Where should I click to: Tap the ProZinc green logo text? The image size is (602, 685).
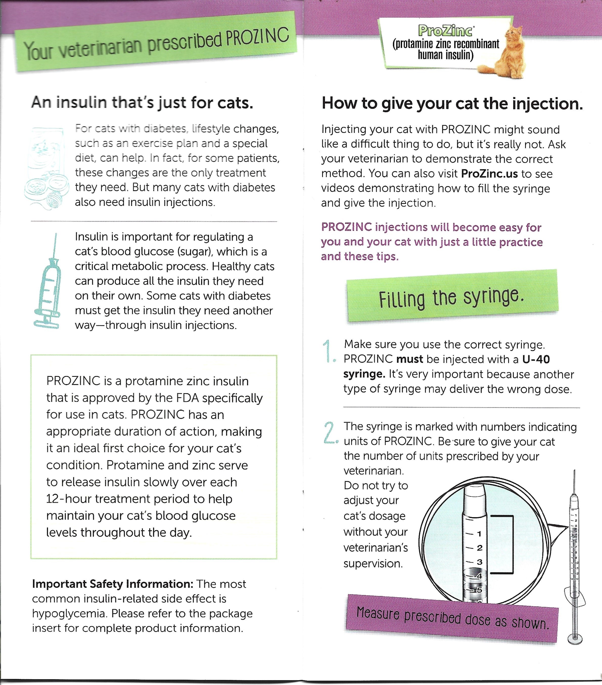click(x=445, y=31)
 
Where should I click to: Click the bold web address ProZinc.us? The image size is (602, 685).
click(x=489, y=174)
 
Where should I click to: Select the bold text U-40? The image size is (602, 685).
click(x=536, y=359)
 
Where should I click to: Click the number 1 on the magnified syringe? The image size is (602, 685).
click(x=479, y=534)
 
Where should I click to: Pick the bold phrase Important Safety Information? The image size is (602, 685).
click(x=112, y=584)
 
